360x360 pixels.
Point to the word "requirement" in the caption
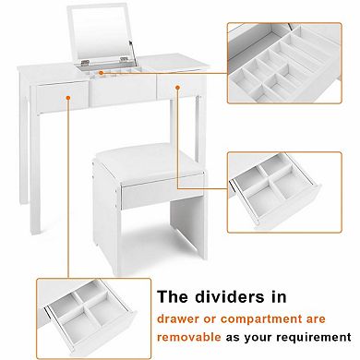(x=311, y=338)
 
